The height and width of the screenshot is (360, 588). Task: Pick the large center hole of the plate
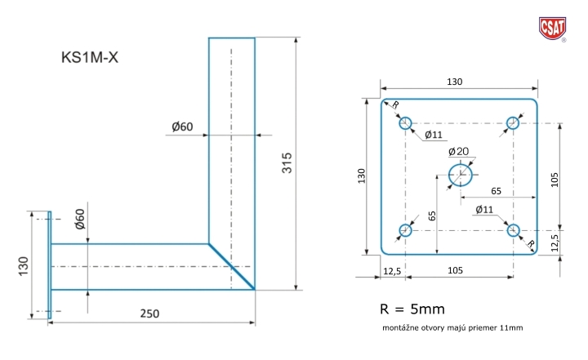pyautogui.click(x=461, y=174)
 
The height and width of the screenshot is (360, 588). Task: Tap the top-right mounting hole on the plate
pyautogui.click(x=513, y=123)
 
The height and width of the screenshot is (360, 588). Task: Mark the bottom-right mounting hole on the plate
pyautogui.click(x=514, y=230)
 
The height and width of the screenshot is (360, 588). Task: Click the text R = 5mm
pyautogui.click(x=413, y=310)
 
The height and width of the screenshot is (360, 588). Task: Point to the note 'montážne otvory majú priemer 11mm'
pyautogui.click(x=452, y=328)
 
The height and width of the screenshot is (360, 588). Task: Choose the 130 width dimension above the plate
pyautogui.click(x=456, y=82)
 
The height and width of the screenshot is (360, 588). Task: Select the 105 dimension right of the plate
pyautogui.click(x=556, y=178)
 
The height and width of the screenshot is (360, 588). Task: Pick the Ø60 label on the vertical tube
pyautogui.click(x=182, y=127)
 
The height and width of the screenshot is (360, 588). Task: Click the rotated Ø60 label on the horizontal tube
pyautogui.click(x=80, y=223)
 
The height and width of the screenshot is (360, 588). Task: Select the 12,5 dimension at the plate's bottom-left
pyautogui.click(x=393, y=270)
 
